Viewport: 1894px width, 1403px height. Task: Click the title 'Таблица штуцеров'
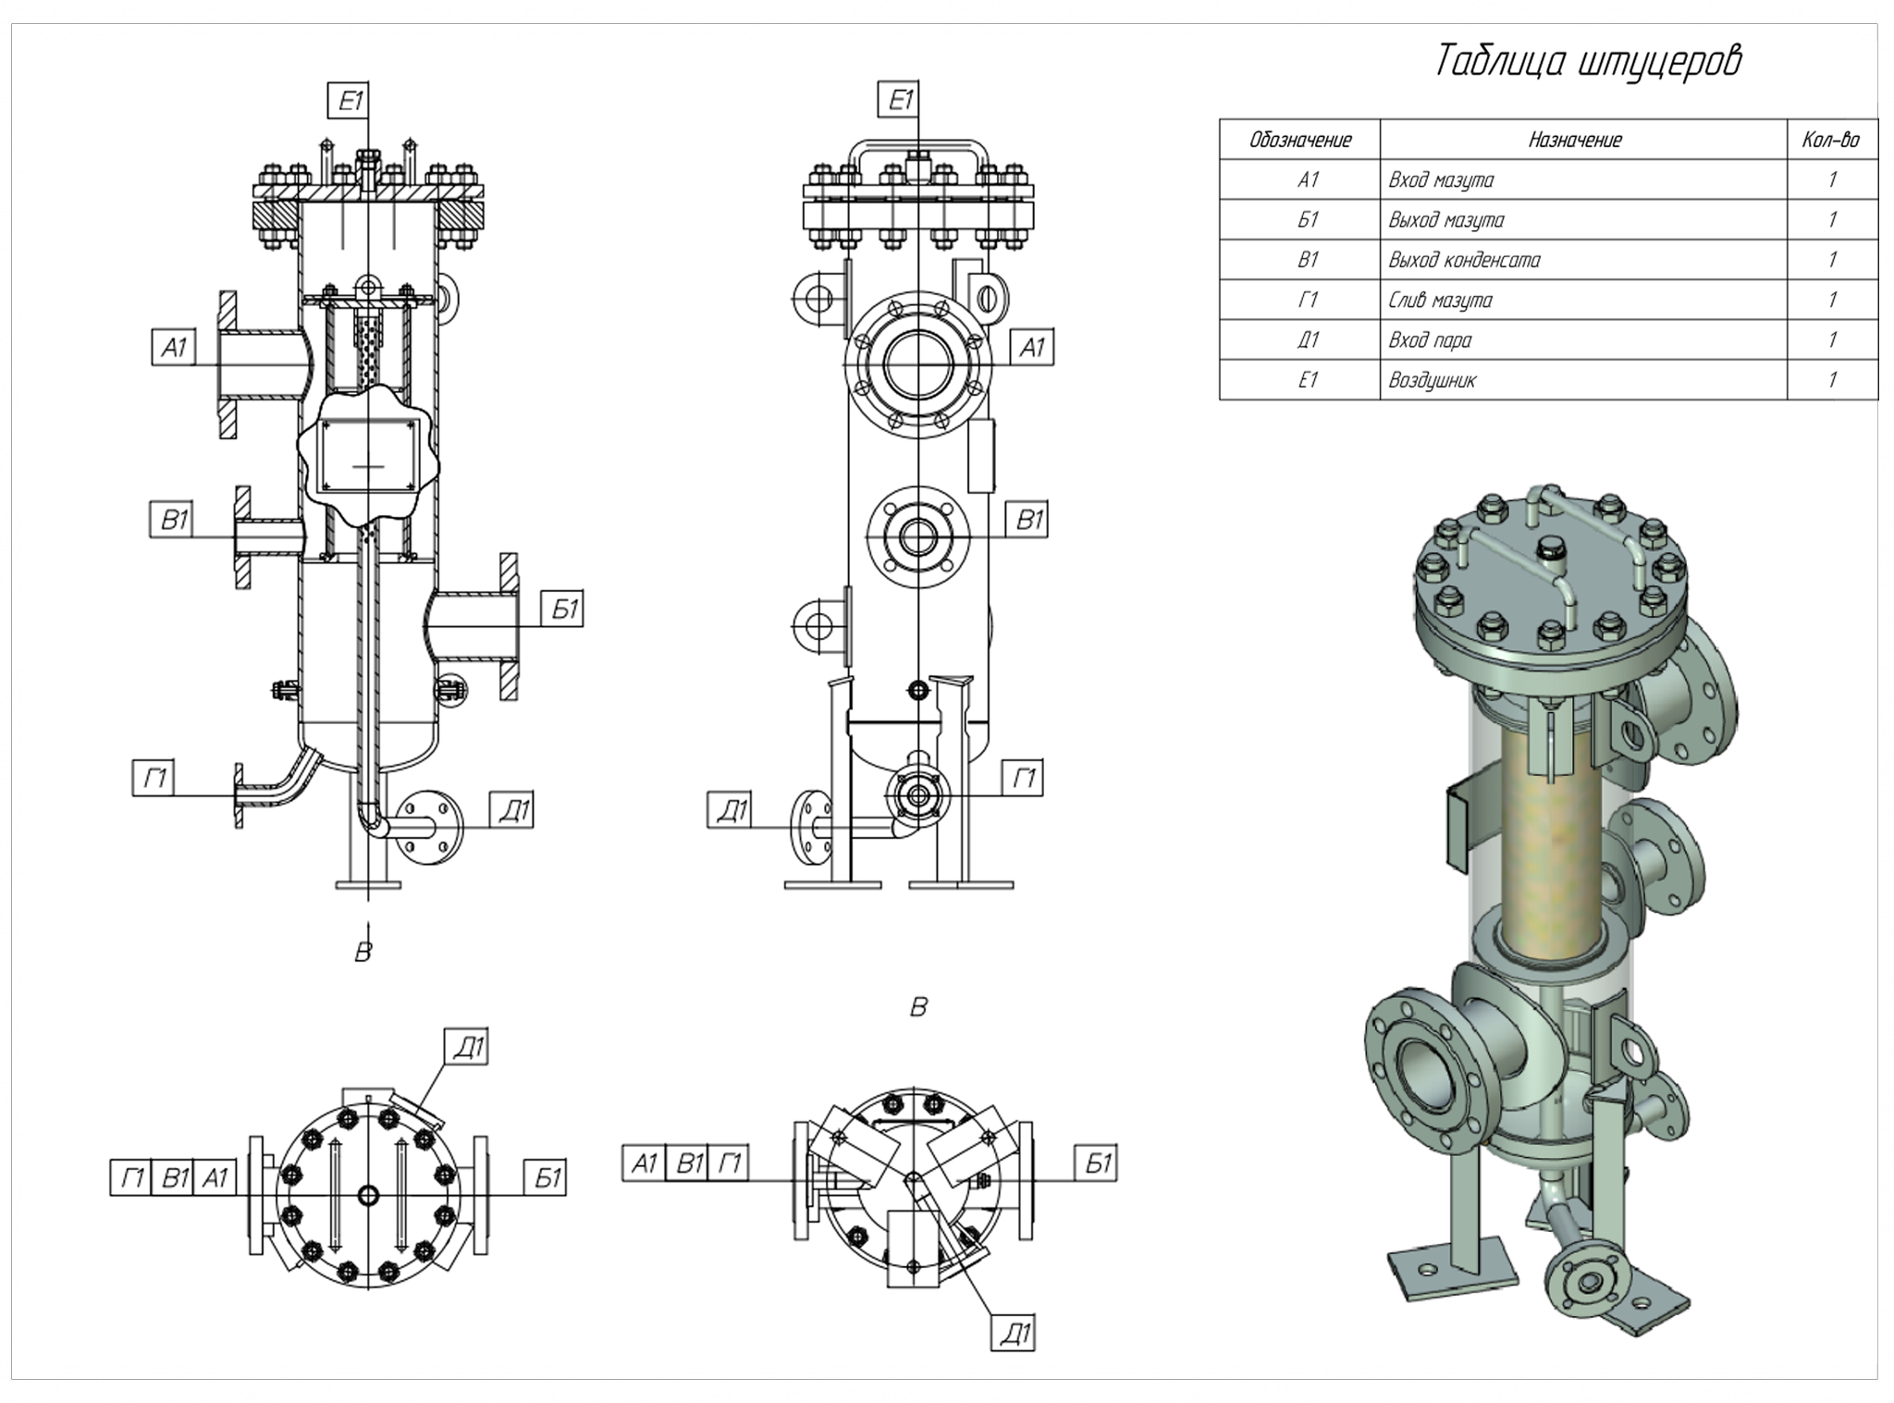point(1587,62)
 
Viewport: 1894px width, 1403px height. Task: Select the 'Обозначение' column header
point(1299,141)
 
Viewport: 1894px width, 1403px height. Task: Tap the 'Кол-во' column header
point(1830,141)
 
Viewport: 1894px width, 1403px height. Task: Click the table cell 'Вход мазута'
point(1440,180)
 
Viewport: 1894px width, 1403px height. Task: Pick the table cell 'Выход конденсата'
point(1464,261)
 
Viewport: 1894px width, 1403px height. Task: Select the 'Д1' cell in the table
point(1306,340)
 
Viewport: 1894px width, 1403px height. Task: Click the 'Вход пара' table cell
point(1429,340)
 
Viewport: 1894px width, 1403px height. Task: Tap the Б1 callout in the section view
point(564,609)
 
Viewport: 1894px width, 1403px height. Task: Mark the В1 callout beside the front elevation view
point(1029,521)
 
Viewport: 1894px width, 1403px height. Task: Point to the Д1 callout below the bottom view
point(1015,1335)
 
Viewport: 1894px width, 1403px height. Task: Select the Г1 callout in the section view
point(154,779)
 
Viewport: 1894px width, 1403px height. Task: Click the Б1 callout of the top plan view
point(548,1177)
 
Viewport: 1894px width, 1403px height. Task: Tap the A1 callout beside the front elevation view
point(1031,349)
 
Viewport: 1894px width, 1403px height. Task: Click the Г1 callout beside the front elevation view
point(1025,779)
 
